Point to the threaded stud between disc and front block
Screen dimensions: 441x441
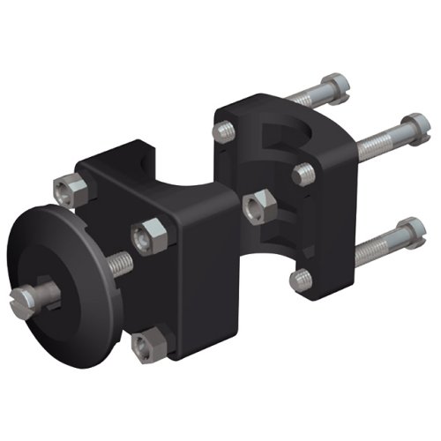coord(117,263)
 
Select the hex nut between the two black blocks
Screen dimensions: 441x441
coord(257,205)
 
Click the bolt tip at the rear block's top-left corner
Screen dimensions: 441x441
coord(224,131)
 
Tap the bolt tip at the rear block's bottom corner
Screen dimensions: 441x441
coord(301,279)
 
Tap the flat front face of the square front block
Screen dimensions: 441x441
coord(198,273)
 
